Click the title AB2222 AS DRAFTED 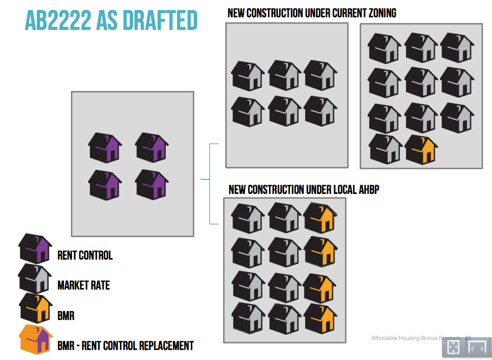(111, 20)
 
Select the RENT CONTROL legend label (85, 256)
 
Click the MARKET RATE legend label (83, 285)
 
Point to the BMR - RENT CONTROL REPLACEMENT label (125, 346)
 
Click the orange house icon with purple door (36, 340)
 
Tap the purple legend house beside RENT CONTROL (35, 249)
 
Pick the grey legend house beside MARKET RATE (35, 279)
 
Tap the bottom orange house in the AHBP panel (320, 318)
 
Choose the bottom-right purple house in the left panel (152, 184)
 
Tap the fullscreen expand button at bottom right (453, 348)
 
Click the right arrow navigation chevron (483, 348)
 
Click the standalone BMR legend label (66, 316)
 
